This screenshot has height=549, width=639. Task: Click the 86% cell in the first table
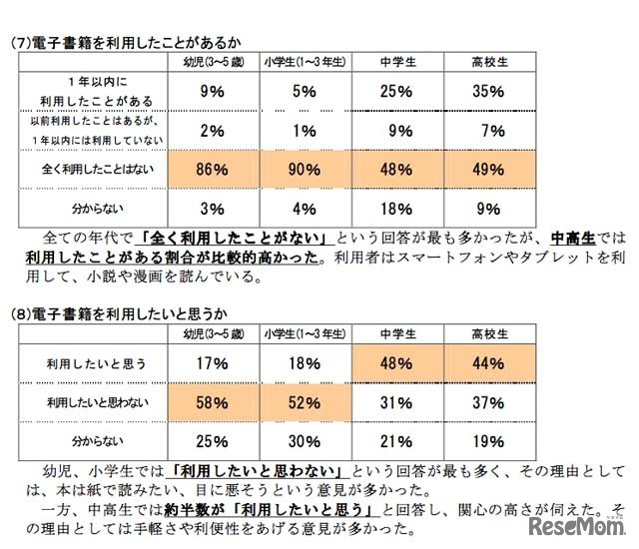coord(211,171)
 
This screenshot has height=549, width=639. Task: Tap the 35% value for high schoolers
coord(487,90)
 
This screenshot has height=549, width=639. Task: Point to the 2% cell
coord(211,130)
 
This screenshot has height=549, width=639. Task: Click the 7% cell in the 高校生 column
coord(487,130)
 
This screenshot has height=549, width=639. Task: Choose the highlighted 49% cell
coord(487,171)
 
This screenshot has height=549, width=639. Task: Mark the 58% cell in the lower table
coord(211,402)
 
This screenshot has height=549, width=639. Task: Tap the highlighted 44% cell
coord(487,365)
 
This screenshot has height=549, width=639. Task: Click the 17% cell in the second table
coord(211,365)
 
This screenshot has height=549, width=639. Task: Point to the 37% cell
coord(487,402)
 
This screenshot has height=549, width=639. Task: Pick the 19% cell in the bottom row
coord(487,440)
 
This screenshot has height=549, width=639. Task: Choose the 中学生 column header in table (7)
coord(396,61)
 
